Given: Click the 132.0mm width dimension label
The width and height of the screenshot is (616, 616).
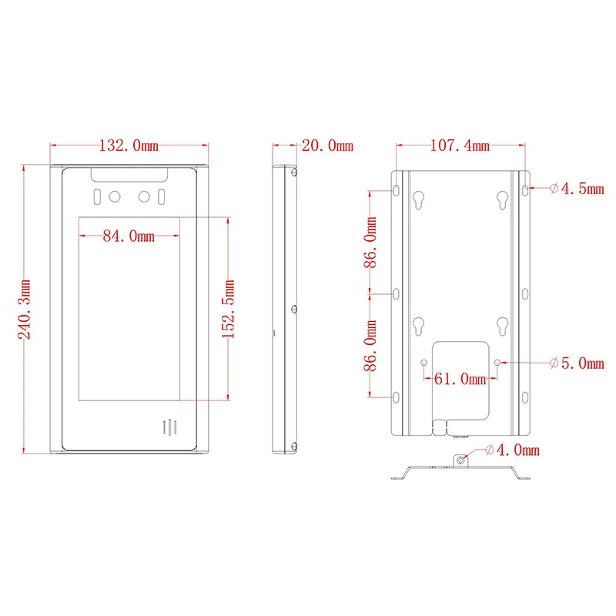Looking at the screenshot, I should click(x=129, y=146).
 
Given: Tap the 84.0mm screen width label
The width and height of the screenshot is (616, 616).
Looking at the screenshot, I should click(x=129, y=236).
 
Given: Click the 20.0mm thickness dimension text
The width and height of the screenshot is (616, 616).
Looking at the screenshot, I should click(x=327, y=146).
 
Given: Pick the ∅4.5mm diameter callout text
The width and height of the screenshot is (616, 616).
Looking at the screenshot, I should click(x=577, y=189).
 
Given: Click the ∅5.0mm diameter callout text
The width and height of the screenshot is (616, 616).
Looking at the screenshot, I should click(x=577, y=363).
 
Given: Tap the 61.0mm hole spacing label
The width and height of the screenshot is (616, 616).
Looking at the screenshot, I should click(x=461, y=378).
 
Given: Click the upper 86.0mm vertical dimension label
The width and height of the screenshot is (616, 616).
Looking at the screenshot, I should click(x=372, y=242).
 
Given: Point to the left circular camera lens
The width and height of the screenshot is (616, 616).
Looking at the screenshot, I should click(x=115, y=197).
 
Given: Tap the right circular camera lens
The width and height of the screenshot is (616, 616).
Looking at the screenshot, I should click(x=144, y=197).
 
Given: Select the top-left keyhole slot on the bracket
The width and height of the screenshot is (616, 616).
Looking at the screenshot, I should click(x=418, y=199).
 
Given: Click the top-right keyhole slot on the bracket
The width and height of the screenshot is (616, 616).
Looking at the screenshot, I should click(x=502, y=199).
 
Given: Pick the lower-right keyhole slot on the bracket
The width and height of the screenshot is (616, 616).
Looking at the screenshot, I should click(x=502, y=326).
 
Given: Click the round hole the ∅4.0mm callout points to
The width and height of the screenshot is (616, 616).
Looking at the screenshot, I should click(x=460, y=460).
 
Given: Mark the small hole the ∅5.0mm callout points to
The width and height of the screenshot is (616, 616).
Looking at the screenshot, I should click(x=497, y=362).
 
